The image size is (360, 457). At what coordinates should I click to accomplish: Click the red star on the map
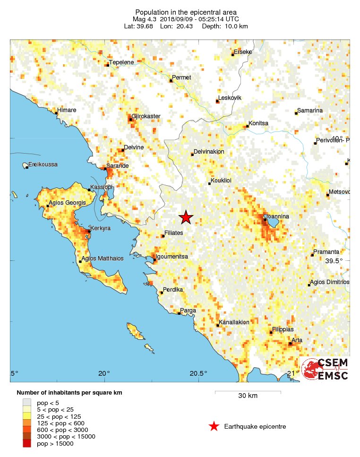click(186, 217)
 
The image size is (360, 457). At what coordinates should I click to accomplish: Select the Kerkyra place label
click(100, 228)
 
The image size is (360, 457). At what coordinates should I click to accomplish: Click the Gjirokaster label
click(146, 116)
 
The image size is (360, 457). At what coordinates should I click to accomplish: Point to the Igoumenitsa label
click(172, 256)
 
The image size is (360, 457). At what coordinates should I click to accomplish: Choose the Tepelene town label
click(121, 62)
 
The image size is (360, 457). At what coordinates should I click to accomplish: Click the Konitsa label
click(258, 123)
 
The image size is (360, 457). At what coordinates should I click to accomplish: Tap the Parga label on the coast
click(188, 310)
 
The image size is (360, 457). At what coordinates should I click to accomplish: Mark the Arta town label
click(297, 340)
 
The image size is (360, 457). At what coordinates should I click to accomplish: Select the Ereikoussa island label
click(43, 164)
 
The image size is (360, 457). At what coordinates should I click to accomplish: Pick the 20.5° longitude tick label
click(198, 373)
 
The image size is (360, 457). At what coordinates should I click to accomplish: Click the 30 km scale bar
click(248, 392)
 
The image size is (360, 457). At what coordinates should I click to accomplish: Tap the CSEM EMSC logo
click(326, 369)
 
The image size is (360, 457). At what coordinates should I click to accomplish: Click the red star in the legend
click(214, 427)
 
